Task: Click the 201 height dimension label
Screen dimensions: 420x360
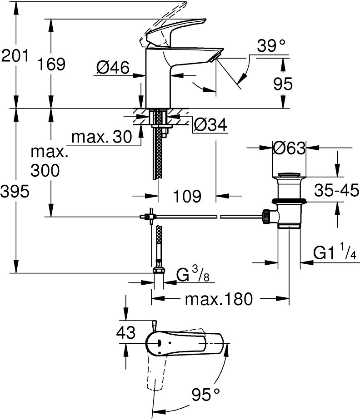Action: tap(15, 56)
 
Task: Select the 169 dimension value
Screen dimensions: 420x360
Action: tap(51, 64)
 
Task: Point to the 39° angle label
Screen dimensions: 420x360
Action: tap(271, 46)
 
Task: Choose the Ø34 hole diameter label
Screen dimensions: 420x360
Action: tap(210, 125)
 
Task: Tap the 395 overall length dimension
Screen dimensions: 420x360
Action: tap(15, 192)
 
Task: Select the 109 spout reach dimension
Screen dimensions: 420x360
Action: tap(187, 196)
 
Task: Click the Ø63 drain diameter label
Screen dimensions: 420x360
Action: tap(289, 148)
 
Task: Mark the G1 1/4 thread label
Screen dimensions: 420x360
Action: tap(334, 252)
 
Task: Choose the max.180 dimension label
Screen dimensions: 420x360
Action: tap(218, 299)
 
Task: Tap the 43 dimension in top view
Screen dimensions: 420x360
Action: tap(126, 333)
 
